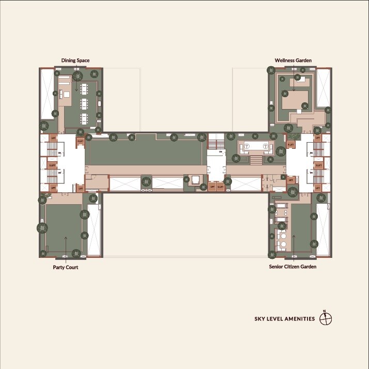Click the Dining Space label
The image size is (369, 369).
pos(75,60)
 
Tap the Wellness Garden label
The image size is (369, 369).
pos(293,60)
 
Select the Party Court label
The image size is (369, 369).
pos(66,268)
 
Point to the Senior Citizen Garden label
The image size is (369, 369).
pos(293,267)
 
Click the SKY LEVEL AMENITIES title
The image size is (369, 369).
pos(284,319)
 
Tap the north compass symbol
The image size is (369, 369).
pos(325,318)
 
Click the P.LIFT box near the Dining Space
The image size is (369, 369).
pos(80,141)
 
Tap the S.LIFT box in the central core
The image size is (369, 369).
pos(220,187)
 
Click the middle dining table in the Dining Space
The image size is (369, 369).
pos(84,103)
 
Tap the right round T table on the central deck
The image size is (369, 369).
pos(265,147)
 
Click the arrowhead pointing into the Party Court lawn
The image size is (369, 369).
pos(66,238)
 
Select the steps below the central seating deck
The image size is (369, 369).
pos(256,161)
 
